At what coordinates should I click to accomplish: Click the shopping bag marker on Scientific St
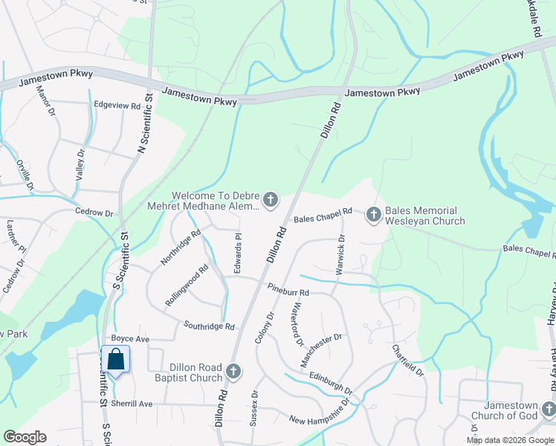point(116,360)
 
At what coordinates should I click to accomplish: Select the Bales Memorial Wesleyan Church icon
point(373,215)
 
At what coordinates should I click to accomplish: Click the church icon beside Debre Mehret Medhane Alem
point(271,200)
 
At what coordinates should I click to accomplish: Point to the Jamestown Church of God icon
point(547,409)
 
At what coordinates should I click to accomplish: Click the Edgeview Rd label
point(117,106)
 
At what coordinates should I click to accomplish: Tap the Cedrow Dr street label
point(94,213)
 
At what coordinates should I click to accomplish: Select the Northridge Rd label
point(181,248)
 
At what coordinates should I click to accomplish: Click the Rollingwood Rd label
point(187,286)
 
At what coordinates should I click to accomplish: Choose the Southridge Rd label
point(210,326)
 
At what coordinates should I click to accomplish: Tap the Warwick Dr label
point(340,255)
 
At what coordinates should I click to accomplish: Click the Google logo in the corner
point(25,437)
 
